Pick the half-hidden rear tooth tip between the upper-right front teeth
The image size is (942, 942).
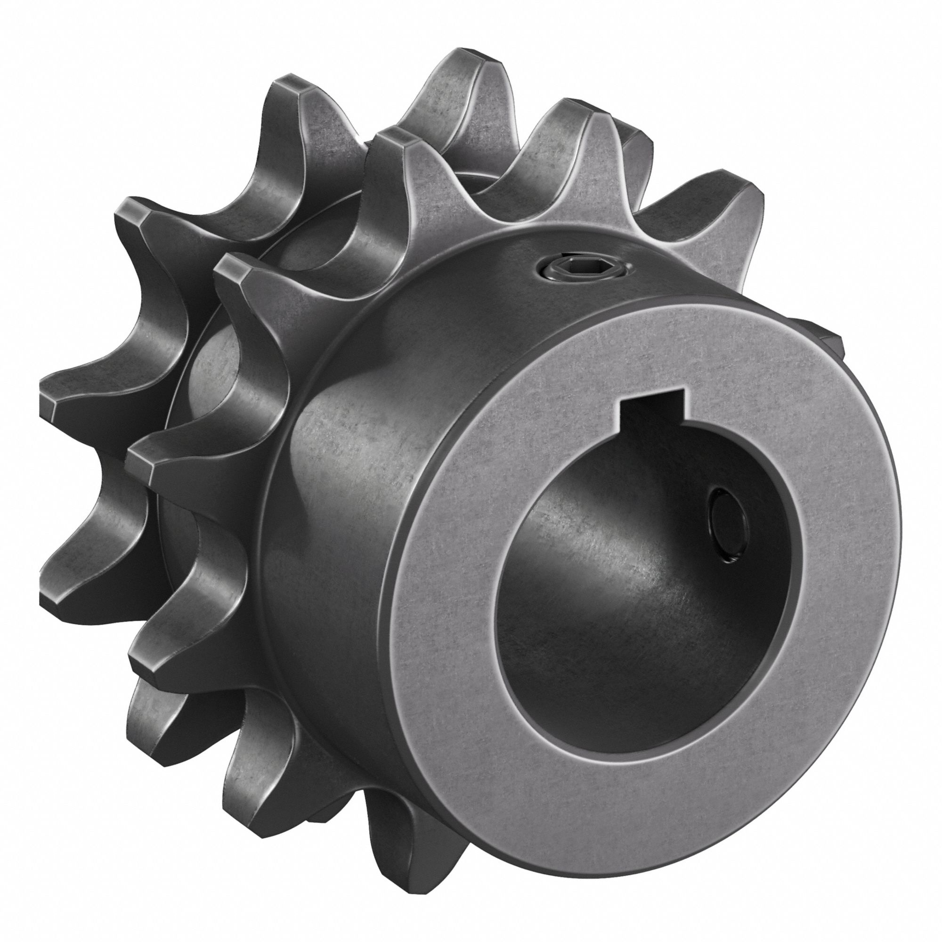[x=639, y=141]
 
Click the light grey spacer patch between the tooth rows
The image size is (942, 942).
[x=210, y=385]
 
